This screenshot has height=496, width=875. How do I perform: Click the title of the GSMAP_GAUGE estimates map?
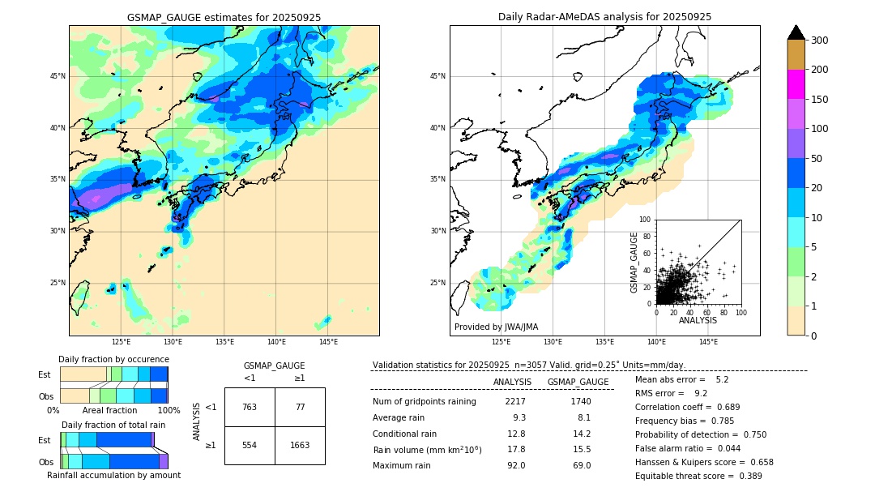224,17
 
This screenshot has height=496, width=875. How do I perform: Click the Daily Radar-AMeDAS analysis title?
604,17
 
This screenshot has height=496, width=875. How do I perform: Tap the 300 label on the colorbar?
819,41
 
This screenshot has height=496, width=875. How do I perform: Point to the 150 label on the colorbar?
819,100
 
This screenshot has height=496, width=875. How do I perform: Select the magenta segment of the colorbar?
796,85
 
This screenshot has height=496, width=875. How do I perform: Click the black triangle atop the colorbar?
796,32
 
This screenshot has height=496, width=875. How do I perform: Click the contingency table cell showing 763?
250,407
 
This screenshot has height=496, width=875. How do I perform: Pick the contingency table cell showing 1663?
300,445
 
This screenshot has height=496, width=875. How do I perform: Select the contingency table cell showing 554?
250,445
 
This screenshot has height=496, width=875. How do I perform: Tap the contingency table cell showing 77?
300,407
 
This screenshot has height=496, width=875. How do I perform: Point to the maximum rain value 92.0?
516,465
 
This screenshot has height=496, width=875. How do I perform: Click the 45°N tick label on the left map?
58,76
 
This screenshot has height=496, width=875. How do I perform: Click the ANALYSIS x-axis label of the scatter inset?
698,320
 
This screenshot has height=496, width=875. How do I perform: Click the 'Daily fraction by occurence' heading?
113,359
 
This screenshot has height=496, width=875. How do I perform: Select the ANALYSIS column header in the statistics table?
512,382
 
